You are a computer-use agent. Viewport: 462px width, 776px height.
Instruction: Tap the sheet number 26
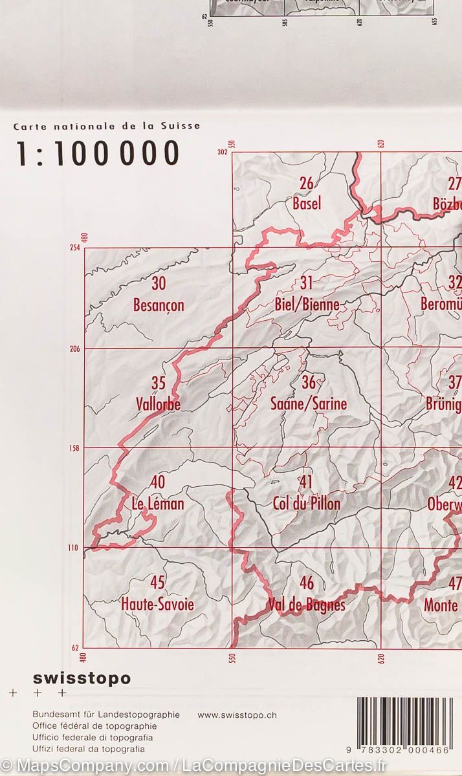[x=306, y=184]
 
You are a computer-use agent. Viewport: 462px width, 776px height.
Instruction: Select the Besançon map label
[x=159, y=305]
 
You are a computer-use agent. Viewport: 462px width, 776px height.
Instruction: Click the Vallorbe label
[x=159, y=404]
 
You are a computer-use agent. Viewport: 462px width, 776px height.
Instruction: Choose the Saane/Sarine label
[x=309, y=404]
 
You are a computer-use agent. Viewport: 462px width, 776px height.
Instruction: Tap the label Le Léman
[x=158, y=504]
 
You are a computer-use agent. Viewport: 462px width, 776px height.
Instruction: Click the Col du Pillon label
[x=307, y=503]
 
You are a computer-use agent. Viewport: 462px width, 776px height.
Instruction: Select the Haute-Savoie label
[x=157, y=605]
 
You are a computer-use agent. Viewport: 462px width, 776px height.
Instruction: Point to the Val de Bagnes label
[x=307, y=605]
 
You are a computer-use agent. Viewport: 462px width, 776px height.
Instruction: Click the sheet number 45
[x=157, y=583]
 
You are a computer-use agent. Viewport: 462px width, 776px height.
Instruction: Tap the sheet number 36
[x=308, y=383]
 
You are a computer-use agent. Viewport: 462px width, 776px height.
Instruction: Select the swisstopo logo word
[x=82, y=678]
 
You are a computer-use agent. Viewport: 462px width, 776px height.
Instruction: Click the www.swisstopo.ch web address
[x=237, y=715]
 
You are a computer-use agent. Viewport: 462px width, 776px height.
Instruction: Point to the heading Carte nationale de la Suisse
[x=107, y=127]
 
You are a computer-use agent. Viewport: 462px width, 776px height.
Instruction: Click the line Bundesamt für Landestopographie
[x=105, y=715]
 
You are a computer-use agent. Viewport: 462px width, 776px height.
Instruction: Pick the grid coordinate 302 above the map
[x=223, y=153]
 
